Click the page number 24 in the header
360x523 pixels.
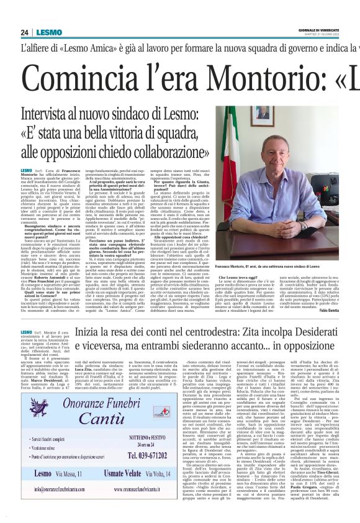(24, 32)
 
